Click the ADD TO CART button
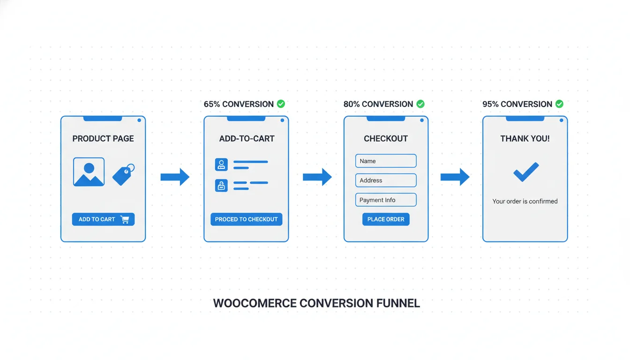(103, 219)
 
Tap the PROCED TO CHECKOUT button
(246, 219)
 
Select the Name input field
(386, 161)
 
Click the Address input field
(386, 180)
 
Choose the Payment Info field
(386, 200)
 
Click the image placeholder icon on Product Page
(89, 172)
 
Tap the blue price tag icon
(123, 174)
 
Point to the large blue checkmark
(526, 172)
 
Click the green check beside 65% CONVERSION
(281, 104)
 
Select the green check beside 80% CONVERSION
(420, 104)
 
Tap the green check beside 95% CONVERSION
(559, 104)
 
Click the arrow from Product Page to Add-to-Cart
(175, 177)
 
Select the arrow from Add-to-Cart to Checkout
(317, 177)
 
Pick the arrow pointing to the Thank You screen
(455, 177)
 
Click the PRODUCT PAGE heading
(103, 139)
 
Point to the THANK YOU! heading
(525, 139)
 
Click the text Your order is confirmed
(525, 202)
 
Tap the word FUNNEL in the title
(398, 303)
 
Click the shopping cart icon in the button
(125, 219)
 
